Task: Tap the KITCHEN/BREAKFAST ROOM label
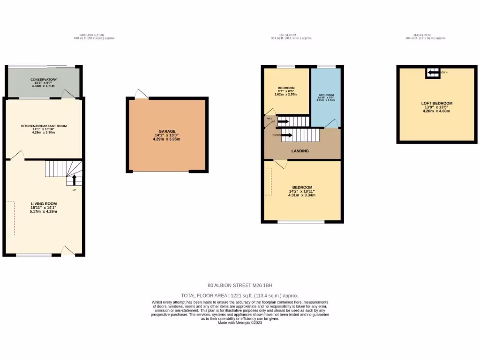(x=44, y=126)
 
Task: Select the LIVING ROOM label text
(x=44, y=204)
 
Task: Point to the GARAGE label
(x=167, y=132)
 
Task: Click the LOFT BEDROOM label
(x=433, y=103)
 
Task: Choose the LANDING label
(x=300, y=151)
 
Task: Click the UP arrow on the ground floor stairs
(x=73, y=180)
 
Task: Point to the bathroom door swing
(x=332, y=123)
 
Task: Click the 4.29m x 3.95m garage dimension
(x=167, y=140)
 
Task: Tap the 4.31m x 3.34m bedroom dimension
(x=302, y=195)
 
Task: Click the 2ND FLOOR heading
(x=425, y=35)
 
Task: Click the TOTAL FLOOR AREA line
(x=240, y=296)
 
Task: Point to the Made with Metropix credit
(x=240, y=323)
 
